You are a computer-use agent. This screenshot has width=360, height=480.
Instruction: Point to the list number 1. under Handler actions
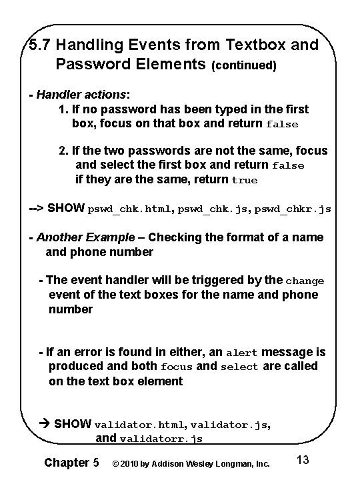coord(64,109)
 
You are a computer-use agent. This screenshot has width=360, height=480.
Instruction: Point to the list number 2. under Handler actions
coord(64,151)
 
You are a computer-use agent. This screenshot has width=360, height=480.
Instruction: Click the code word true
coord(244,180)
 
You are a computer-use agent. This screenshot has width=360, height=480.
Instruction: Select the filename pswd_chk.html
coord(129,209)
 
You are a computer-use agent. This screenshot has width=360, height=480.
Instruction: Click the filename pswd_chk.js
coord(213,209)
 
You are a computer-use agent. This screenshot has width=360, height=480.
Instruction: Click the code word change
coord(305,281)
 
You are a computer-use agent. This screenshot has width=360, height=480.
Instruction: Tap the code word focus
coord(177,367)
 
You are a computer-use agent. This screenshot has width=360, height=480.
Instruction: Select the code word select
coord(239,367)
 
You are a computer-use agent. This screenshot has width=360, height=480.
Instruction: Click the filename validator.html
coord(142,425)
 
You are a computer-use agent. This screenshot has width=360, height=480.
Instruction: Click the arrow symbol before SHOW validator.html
coord(45,424)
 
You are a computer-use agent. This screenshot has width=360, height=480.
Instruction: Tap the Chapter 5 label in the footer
coord(71,462)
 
